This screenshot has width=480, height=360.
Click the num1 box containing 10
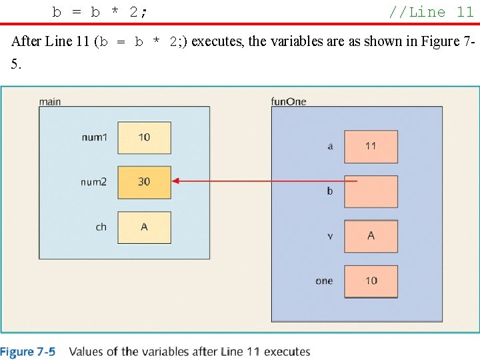click(x=144, y=137)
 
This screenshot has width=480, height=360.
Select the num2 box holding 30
click(x=144, y=181)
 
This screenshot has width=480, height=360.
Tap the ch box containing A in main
click(x=144, y=227)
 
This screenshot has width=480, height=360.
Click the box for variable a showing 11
click(x=371, y=146)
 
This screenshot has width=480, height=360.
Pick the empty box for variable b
click(x=371, y=191)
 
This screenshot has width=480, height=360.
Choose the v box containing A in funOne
click(x=371, y=236)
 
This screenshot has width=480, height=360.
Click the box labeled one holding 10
click(x=371, y=281)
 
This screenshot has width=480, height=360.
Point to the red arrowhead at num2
click(x=175, y=181)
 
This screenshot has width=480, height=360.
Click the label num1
click(x=94, y=137)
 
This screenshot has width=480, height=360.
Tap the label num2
click(x=93, y=182)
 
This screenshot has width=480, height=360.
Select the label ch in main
click(x=101, y=227)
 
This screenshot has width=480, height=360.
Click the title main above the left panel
click(x=50, y=101)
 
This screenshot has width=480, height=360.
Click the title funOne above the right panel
click(x=289, y=101)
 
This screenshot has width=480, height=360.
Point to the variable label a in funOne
click(x=330, y=147)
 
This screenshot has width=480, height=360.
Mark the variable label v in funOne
click(x=330, y=236)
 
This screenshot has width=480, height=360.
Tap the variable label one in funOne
click(x=324, y=281)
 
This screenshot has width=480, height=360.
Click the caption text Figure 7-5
click(x=28, y=351)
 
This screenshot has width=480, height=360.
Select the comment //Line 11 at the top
click(x=431, y=11)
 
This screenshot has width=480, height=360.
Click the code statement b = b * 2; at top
click(x=101, y=11)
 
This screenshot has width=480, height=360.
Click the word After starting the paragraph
click(x=26, y=41)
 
